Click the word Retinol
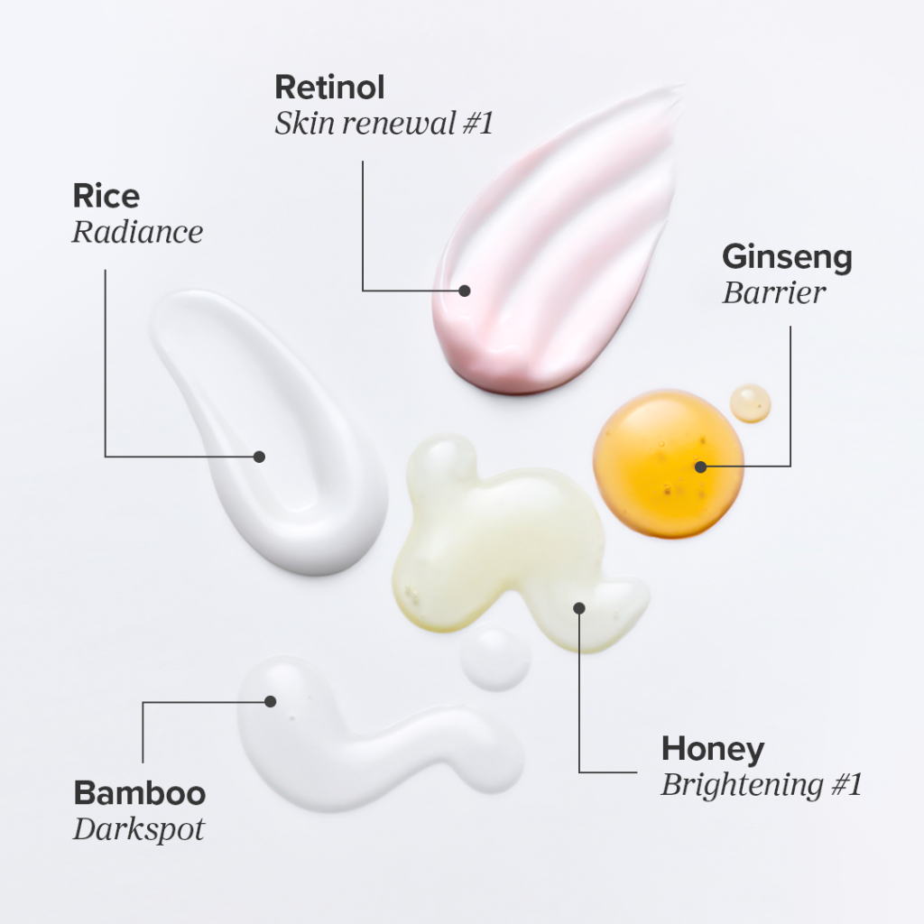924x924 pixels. coord(329,88)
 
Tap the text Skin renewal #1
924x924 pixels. coord(384,124)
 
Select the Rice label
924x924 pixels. coord(106,196)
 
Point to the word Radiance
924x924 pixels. coord(137,232)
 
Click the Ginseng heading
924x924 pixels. coord(787,257)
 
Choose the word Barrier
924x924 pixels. coord(773,293)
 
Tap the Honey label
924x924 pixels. coord(712,749)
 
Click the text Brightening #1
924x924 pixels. coord(761,785)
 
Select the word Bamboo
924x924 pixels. coord(139,794)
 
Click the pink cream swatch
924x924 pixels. coord(559,244)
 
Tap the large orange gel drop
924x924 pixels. coord(659,460)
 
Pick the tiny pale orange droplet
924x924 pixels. coord(750,403)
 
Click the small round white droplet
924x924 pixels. coord(495,659)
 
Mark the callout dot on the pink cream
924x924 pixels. coord(465,291)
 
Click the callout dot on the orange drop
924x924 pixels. coord(700,467)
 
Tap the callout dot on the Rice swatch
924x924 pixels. coord(259,457)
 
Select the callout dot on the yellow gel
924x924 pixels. coord(579,607)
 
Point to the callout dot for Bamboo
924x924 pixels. coord(270,701)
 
